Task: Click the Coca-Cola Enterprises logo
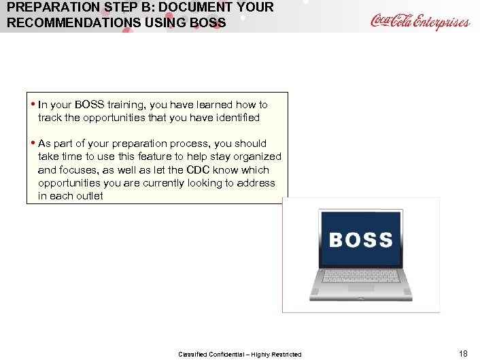tap(419, 21)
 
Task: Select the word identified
tap(232, 118)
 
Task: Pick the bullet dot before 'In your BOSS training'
tap(33, 105)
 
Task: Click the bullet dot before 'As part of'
tap(33, 144)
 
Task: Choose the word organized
tap(256, 157)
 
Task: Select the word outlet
tap(89, 196)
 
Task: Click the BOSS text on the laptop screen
tap(360, 240)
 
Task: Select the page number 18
tap(464, 353)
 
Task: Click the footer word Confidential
tap(223, 354)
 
